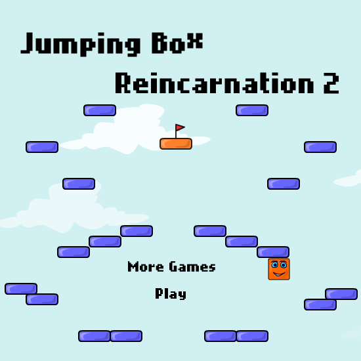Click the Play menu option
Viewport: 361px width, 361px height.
click(171, 293)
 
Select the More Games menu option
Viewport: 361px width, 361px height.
click(171, 266)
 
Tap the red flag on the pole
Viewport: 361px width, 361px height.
click(180, 127)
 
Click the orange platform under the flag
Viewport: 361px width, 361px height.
click(176, 144)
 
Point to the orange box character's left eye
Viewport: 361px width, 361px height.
click(274, 265)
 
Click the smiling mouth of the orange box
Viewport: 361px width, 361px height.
click(279, 274)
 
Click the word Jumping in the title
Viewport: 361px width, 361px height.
click(81, 44)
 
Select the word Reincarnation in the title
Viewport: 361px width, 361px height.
click(215, 83)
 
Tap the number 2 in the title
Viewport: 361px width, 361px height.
click(331, 83)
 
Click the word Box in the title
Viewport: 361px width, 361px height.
click(177, 43)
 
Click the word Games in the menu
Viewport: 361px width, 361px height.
click(192, 266)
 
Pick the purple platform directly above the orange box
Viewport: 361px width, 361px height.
click(273, 252)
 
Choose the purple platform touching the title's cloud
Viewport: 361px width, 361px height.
click(100, 110)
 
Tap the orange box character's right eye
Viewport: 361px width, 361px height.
click(284, 265)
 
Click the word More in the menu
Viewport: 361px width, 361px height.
click(146, 266)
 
